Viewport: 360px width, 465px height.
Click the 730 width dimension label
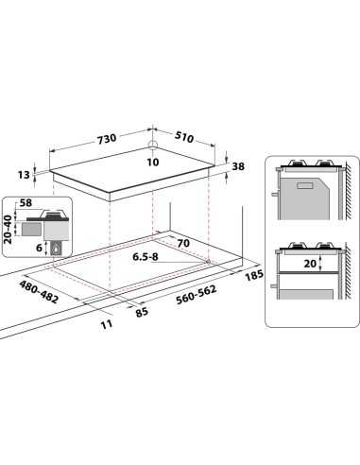pos(106,138)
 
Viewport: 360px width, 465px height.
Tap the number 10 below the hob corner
pos(153,160)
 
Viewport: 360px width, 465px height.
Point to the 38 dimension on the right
pos(238,165)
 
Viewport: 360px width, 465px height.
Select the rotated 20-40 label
pos(9,229)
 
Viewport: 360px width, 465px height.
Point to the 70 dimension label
pos(182,244)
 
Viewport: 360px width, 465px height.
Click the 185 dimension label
pos(251,276)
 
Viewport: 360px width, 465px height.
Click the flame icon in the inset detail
pos(57,249)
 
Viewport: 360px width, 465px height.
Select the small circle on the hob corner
pos(152,146)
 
